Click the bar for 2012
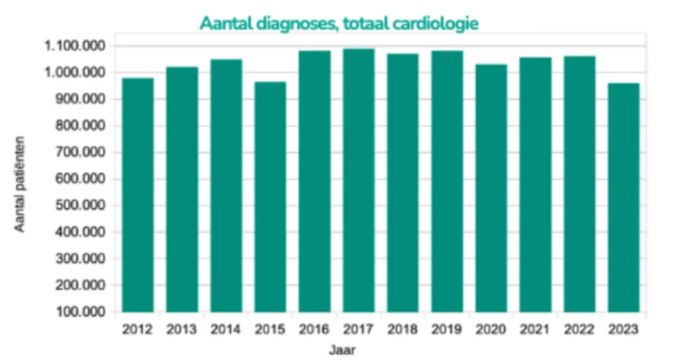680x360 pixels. click(x=138, y=195)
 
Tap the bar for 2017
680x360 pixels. click(x=359, y=180)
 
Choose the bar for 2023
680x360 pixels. click(x=624, y=197)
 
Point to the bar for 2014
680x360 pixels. click(x=226, y=185)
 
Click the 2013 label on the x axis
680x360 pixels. click(x=182, y=329)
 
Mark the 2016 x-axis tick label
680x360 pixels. click(x=314, y=329)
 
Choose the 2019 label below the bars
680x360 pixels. click(x=447, y=329)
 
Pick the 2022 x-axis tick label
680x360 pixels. click(x=580, y=329)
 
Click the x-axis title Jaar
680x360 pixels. click(x=342, y=349)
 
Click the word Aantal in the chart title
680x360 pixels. click(x=222, y=23)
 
